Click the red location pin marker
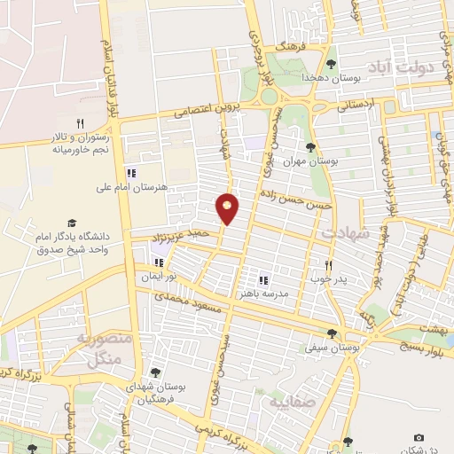pos(228,207)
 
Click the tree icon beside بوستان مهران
pos(310,147)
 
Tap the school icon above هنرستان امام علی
pos(130,173)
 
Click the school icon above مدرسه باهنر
pos(262,278)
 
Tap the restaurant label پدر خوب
pos(327,278)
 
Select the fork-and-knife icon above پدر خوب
pos(328,264)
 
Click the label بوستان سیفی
pos(332,349)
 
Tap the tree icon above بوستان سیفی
pos(332,334)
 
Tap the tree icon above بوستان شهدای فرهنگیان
pos(156,372)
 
